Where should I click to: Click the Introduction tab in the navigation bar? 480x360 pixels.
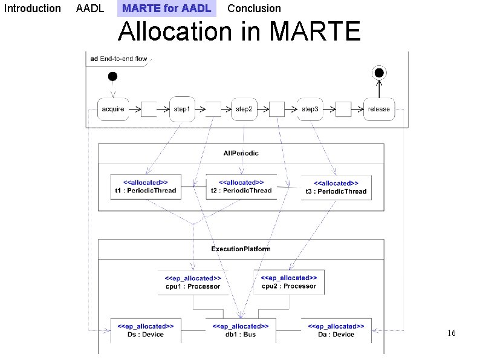click(x=32, y=8)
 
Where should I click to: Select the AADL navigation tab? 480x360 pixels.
click(x=90, y=8)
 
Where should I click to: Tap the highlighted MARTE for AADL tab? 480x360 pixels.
click(x=166, y=8)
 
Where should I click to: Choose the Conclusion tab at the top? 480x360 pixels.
click(x=254, y=8)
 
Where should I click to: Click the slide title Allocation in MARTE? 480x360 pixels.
click(x=239, y=31)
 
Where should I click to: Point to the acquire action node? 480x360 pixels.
click(x=113, y=109)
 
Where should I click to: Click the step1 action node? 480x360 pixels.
click(x=182, y=109)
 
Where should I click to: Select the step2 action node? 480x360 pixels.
click(x=244, y=109)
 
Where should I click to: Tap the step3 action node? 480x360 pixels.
click(x=310, y=109)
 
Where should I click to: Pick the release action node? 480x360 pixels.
click(x=379, y=109)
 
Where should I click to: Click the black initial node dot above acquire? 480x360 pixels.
click(x=112, y=76)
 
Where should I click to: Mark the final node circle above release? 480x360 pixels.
click(x=379, y=73)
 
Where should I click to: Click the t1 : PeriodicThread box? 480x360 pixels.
click(x=145, y=186)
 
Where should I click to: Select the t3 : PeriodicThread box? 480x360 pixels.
click(x=336, y=188)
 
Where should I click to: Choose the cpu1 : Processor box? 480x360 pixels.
click(x=193, y=283)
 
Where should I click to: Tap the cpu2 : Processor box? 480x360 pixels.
click(x=289, y=282)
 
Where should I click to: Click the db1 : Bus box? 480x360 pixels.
click(x=241, y=330)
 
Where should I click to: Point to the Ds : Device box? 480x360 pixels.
click(x=145, y=330)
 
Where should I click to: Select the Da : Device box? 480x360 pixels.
click(x=336, y=330)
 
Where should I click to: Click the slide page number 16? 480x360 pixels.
click(x=451, y=333)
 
